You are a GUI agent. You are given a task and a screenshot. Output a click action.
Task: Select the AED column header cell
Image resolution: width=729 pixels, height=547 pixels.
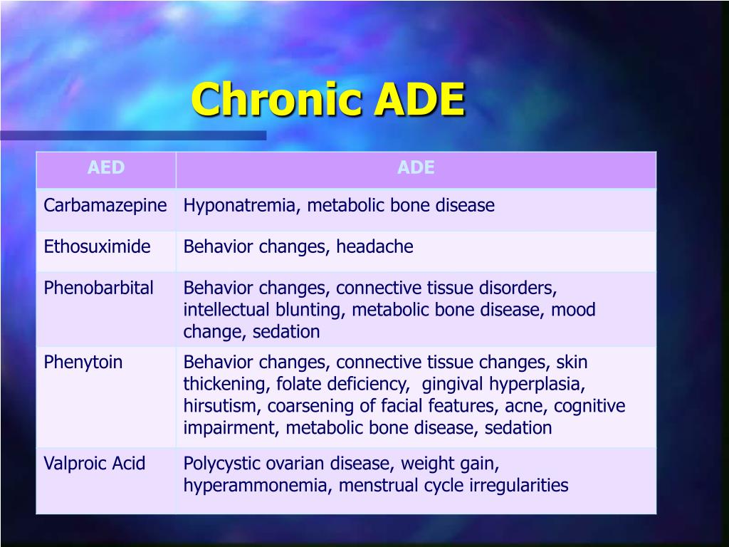click(x=106, y=168)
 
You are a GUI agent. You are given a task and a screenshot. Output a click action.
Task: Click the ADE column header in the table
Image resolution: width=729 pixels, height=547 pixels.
click(x=416, y=168)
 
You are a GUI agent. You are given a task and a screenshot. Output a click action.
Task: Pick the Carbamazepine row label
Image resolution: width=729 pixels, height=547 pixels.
click(x=105, y=206)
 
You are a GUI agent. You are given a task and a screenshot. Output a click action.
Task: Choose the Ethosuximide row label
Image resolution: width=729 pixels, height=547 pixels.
click(x=98, y=247)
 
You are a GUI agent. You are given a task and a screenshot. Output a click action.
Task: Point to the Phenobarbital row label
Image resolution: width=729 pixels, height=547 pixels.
click(x=99, y=288)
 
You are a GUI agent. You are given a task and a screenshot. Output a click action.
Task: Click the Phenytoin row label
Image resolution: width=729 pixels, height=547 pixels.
click(x=83, y=362)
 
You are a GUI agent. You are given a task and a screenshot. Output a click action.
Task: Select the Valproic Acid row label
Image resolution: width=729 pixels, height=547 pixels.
click(x=95, y=464)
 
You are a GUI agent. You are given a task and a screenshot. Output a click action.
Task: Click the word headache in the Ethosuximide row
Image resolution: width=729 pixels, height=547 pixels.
click(x=374, y=247)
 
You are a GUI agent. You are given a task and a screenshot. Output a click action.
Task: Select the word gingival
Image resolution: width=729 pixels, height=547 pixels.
click(x=453, y=384)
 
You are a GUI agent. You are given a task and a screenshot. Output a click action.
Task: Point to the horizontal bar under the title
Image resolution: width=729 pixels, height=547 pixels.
click(x=133, y=135)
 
